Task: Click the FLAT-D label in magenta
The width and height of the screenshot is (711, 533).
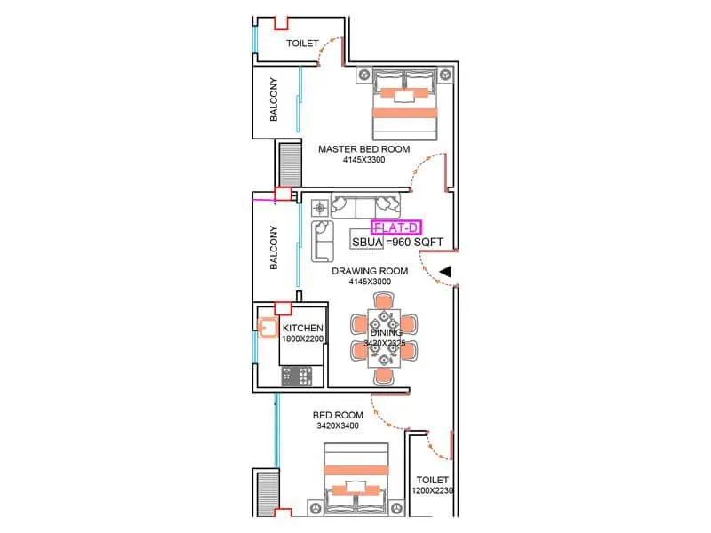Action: point(389,227)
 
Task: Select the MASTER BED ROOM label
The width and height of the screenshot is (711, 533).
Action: point(363,149)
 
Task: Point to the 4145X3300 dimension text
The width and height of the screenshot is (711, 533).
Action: point(363,161)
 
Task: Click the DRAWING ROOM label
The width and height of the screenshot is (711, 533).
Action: point(370,271)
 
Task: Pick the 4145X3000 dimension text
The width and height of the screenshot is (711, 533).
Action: point(370,282)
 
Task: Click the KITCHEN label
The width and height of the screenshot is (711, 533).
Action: point(302,328)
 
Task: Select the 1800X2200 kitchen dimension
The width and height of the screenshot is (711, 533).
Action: point(303,338)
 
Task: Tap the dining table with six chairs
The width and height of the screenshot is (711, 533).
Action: point(383,338)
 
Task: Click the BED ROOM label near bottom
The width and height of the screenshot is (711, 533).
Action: point(338,415)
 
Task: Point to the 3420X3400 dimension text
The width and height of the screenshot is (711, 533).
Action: point(338,426)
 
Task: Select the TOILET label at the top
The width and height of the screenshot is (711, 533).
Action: point(302,43)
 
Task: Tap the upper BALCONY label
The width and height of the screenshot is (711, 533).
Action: point(275,100)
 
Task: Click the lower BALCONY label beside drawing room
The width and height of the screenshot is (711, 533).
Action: point(275,248)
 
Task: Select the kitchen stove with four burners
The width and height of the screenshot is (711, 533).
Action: point(302,376)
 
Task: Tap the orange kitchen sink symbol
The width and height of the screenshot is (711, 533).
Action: point(268,326)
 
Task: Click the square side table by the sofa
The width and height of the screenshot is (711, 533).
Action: point(320,208)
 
